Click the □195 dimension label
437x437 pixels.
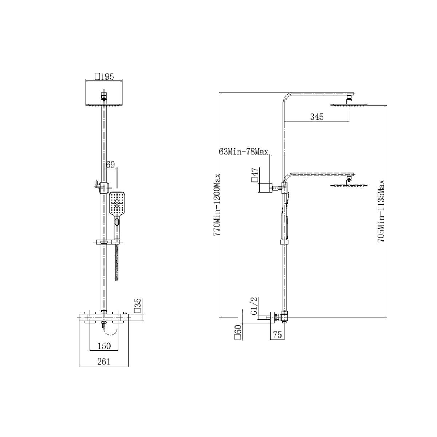[x=104, y=76]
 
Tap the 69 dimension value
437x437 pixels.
[x=110, y=165]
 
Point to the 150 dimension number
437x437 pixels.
[x=104, y=346]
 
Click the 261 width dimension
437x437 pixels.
[x=104, y=362]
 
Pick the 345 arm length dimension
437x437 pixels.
[x=317, y=117]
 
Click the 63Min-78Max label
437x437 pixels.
[x=244, y=151]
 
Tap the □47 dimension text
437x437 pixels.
[x=255, y=175]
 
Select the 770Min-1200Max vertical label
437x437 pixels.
[x=217, y=205]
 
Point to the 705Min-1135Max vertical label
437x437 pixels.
[x=381, y=211]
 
